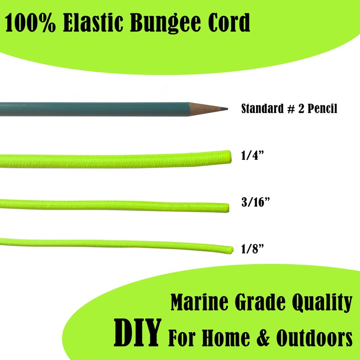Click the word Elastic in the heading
[x=91, y=23]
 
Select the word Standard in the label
[x=260, y=109]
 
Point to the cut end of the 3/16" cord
[x=228, y=207]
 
